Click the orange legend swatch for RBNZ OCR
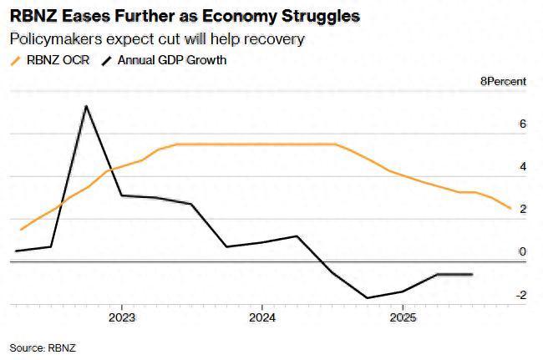click(x=15, y=60)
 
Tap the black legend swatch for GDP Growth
click(x=106, y=60)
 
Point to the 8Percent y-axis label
click(x=503, y=81)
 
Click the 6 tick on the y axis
click(x=522, y=124)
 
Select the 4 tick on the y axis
click(x=522, y=167)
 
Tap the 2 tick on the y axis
click(x=522, y=210)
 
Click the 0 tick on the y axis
click(x=522, y=252)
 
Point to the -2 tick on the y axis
click(x=520, y=295)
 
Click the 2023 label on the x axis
click(x=122, y=317)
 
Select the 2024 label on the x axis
click(x=262, y=317)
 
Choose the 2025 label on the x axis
click(x=403, y=317)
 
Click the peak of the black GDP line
click(x=86, y=106)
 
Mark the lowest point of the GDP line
click(x=368, y=297)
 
